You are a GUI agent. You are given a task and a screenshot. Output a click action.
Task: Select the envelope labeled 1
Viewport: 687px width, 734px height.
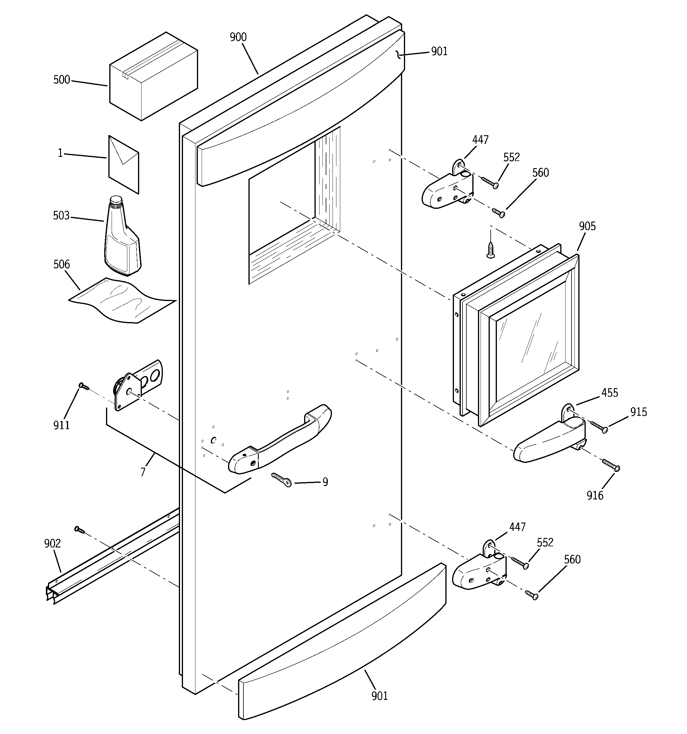pos(123,165)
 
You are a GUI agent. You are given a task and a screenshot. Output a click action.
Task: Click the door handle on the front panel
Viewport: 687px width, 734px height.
pos(280,440)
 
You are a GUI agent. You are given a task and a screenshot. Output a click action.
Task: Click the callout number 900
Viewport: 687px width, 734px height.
pos(238,37)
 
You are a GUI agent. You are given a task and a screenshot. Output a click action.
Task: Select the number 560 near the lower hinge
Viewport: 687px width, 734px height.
pos(572,559)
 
